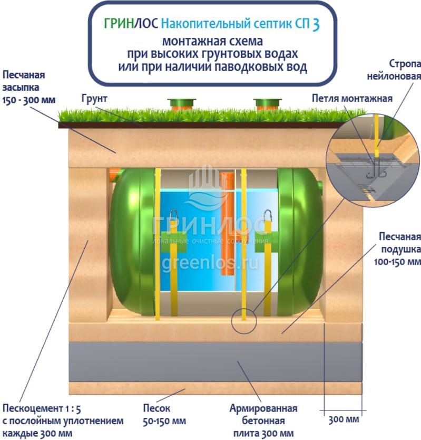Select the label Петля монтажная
[x=352, y=99]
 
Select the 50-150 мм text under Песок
[x=164, y=421]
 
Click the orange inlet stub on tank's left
[x=112, y=175]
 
